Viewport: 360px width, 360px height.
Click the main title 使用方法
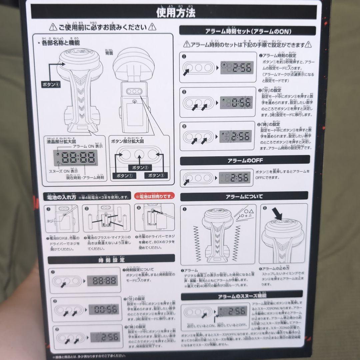tap(176, 12)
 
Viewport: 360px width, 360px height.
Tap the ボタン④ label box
tap(51, 84)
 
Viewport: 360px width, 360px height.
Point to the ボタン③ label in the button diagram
tap(156, 175)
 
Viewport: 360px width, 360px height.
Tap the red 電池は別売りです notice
tap(154, 197)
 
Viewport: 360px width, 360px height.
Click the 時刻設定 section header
tap(111, 259)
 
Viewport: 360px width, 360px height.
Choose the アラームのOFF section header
tap(245, 160)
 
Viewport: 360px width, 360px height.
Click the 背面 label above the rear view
tap(109, 53)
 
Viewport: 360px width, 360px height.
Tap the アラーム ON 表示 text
tap(88, 146)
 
